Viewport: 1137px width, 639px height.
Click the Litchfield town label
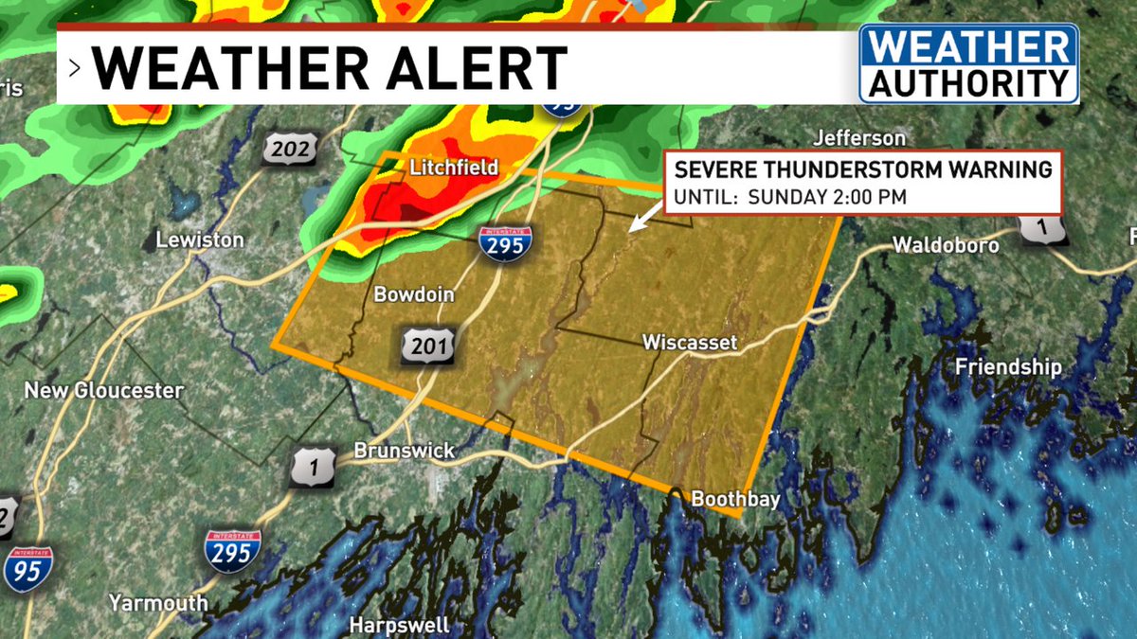click(x=454, y=168)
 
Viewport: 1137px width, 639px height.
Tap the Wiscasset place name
click(x=689, y=342)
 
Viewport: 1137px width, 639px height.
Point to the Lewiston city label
click(x=200, y=240)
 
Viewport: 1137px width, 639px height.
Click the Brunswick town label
click(x=404, y=452)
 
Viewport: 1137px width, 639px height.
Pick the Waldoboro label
click(x=946, y=245)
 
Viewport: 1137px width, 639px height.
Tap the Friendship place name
click(x=1008, y=366)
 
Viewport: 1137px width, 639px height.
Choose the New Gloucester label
click(x=104, y=390)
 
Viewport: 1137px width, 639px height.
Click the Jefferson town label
click(x=859, y=138)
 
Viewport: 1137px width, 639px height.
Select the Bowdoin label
click(x=414, y=294)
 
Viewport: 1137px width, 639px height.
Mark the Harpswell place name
click(x=399, y=626)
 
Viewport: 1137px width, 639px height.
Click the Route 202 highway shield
click(x=288, y=150)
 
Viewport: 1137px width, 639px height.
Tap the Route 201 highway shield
click(x=424, y=345)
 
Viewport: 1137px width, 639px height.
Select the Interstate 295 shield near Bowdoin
click(x=504, y=243)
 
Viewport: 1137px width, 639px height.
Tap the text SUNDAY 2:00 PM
click(x=827, y=198)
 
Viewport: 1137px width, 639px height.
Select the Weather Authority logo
click(x=968, y=63)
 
